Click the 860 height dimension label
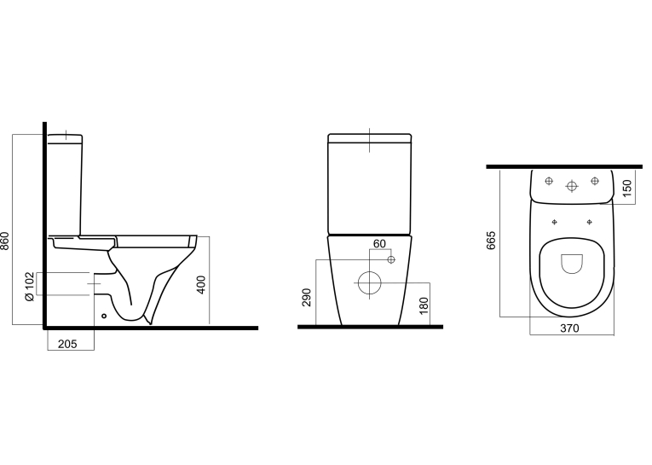click(5, 241)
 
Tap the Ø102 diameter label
click(29, 287)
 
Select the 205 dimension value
click(67, 345)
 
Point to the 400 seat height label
click(201, 285)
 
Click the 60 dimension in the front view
click(379, 243)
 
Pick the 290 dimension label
click(307, 297)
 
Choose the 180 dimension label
click(424, 306)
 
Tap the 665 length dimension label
click(491, 241)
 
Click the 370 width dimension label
click(569, 328)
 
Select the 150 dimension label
click(627, 189)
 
